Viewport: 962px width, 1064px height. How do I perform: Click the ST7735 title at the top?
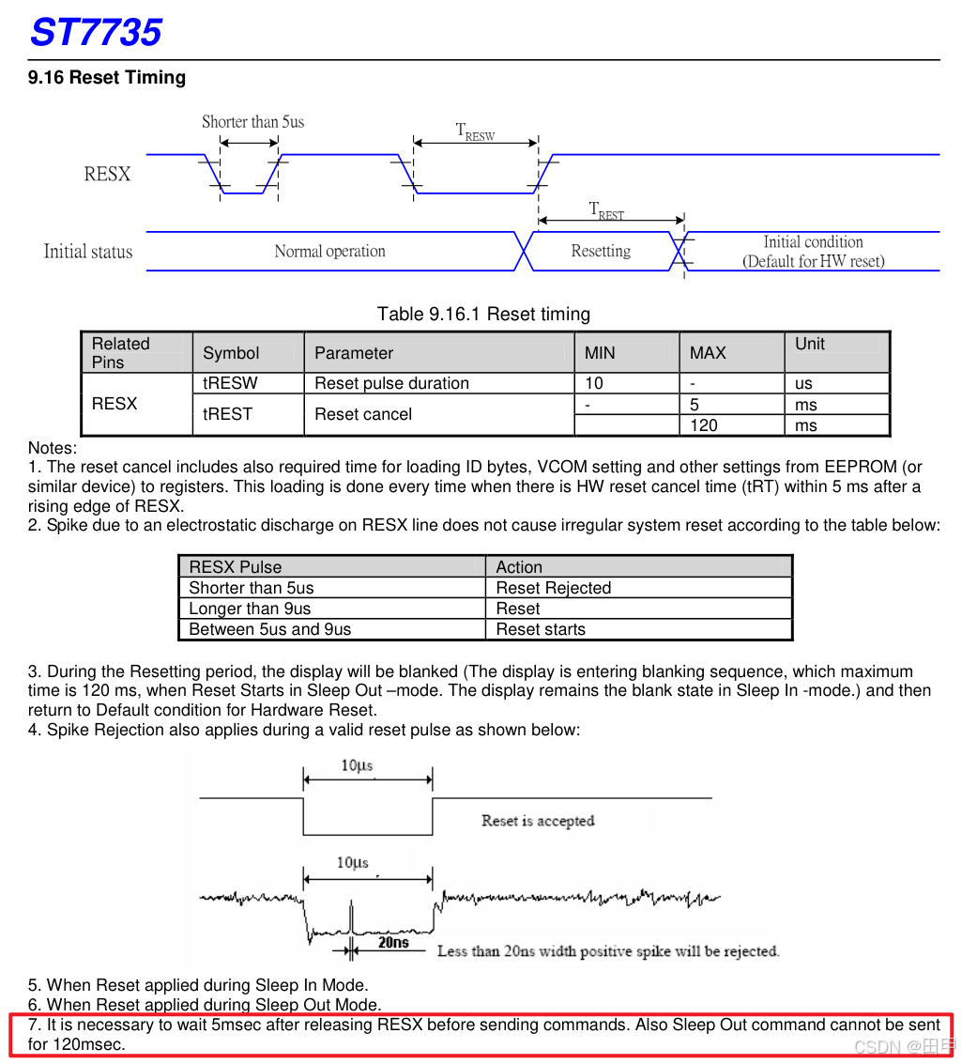click(96, 33)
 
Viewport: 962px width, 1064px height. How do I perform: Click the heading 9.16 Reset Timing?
click(107, 78)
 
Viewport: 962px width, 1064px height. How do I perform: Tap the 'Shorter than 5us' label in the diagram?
click(252, 122)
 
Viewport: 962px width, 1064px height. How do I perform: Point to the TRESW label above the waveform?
click(475, 131)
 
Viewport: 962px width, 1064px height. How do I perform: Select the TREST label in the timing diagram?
click(606, 210)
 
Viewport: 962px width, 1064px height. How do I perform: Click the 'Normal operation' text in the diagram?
click(329, 252)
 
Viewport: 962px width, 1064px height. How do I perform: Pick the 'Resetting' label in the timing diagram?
click(601, 252)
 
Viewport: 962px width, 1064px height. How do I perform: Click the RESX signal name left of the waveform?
click(107, 175)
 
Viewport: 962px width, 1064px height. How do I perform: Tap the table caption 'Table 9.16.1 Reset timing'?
click(483, 314)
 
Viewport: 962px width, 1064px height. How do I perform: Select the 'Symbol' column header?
click(231, 353)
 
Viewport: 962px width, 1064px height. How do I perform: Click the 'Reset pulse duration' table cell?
click(391, 383)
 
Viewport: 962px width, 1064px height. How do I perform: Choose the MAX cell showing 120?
click(704, 425)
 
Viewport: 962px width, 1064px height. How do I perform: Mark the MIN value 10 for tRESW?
click(594, 383)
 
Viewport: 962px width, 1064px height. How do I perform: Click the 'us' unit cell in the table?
click(803, 383)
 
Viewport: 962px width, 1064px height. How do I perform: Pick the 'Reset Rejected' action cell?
click(553, 588)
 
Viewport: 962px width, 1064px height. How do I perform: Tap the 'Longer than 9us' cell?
click(250, 609)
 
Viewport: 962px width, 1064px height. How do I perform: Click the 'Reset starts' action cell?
click(541, 629)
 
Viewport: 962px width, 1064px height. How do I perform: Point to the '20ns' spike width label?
click(393, 942)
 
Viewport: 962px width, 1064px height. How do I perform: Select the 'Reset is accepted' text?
click(538, 821)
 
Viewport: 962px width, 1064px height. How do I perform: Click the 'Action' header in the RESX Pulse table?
click(519, 567)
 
